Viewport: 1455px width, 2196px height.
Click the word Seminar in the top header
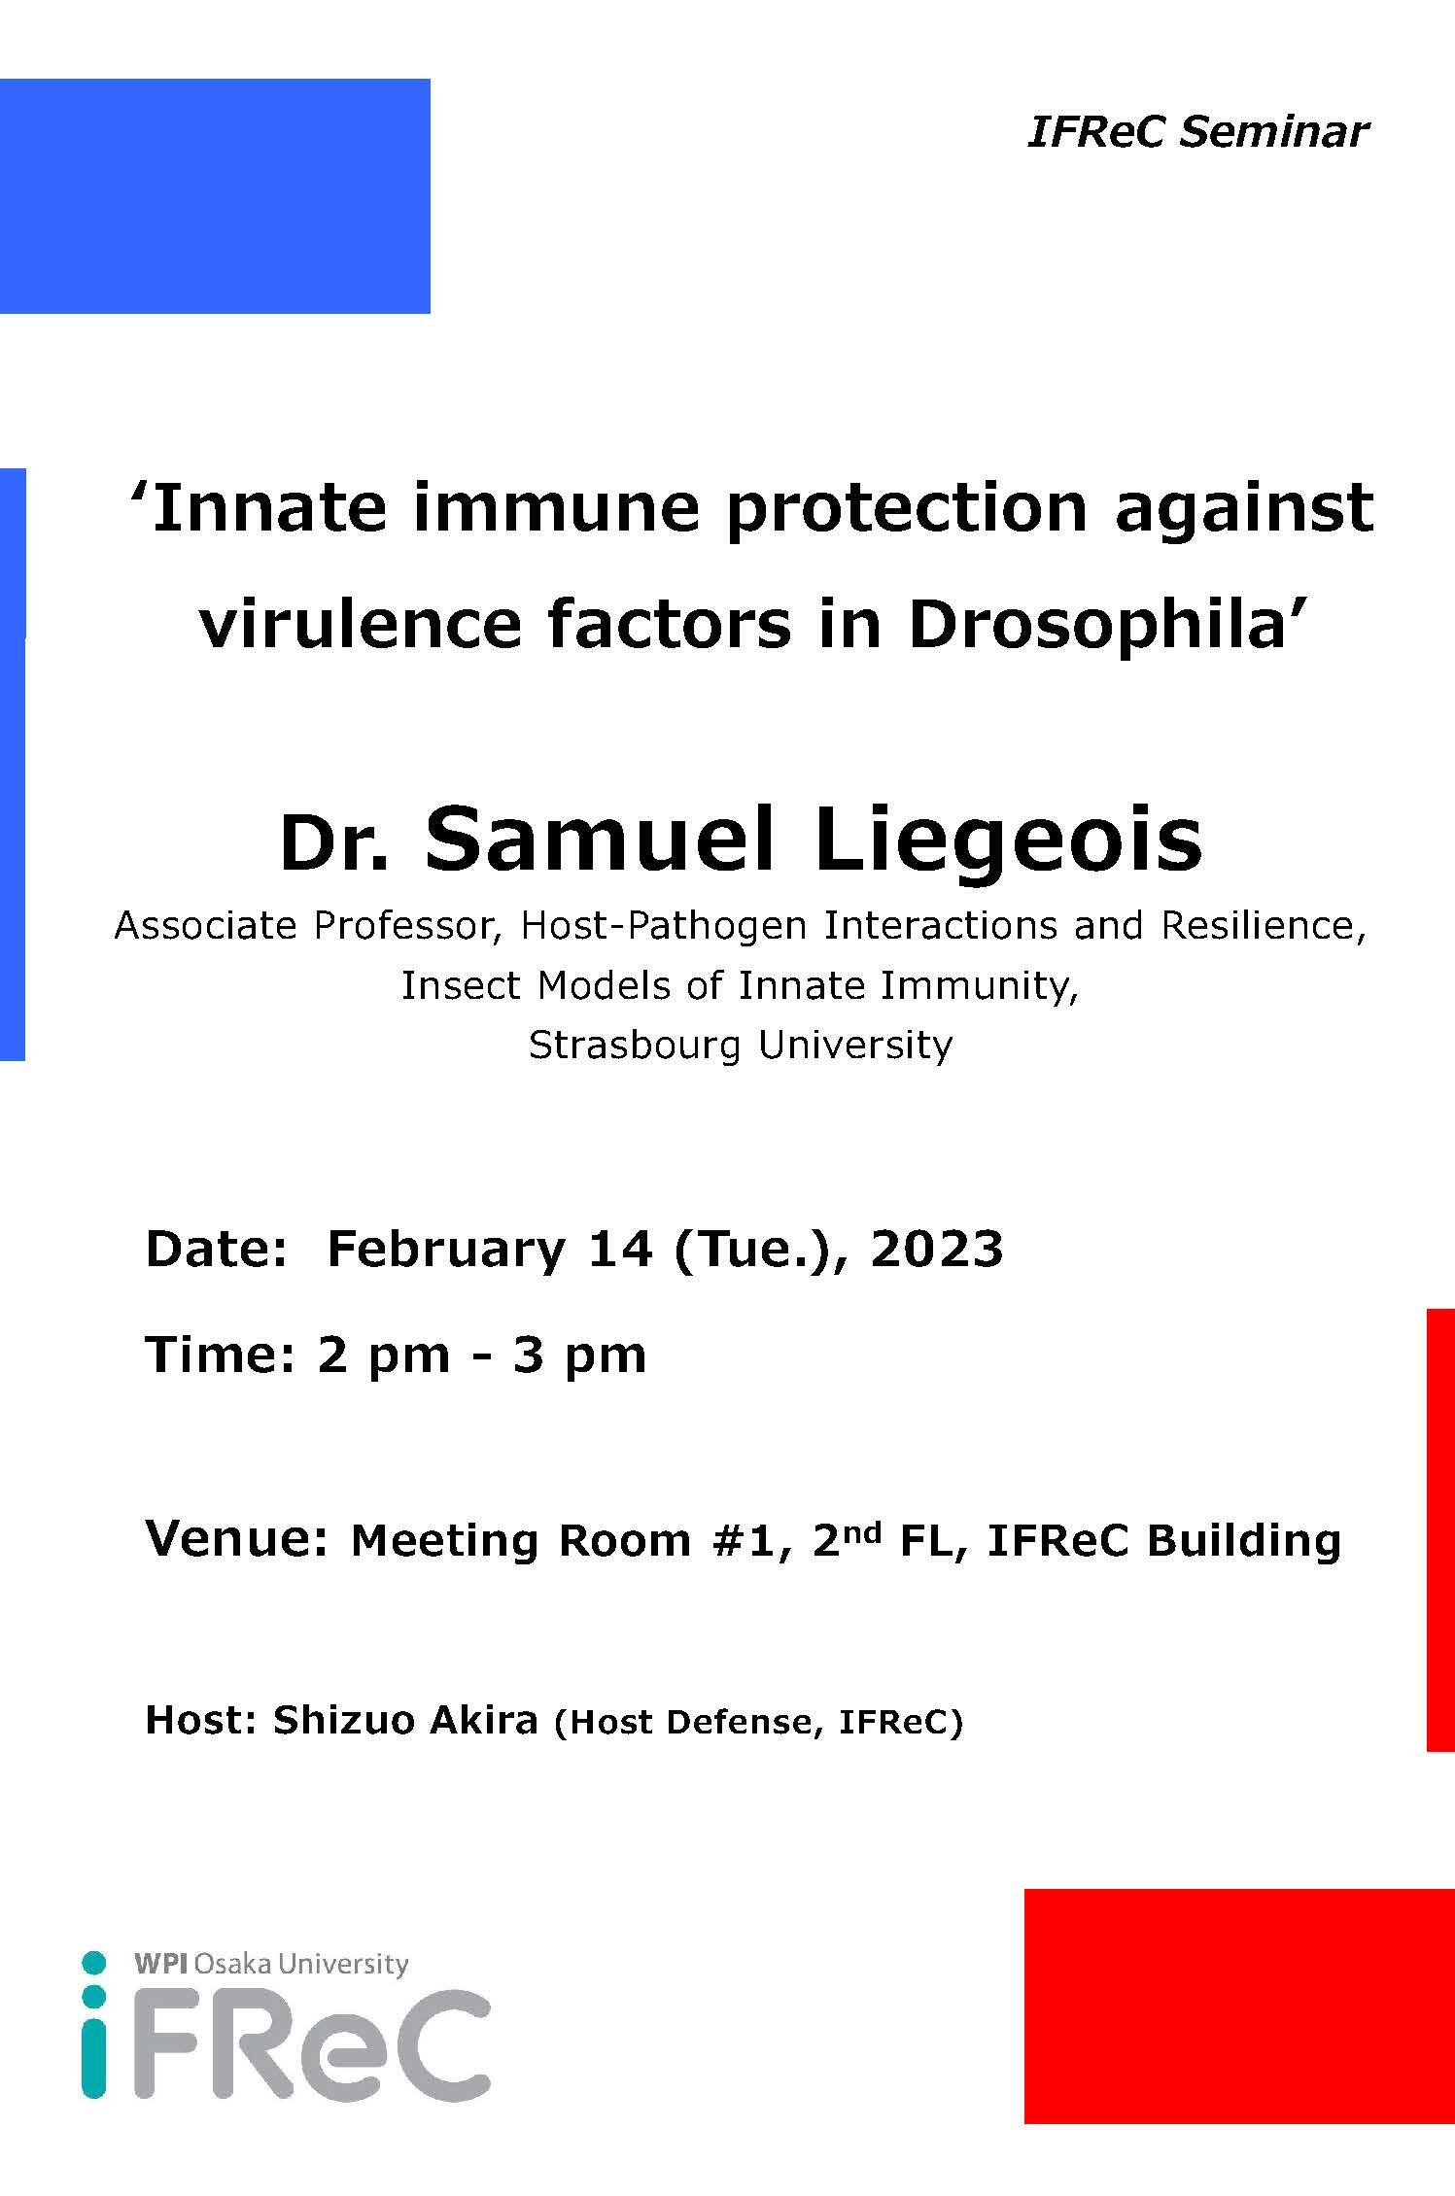pos(1273,131)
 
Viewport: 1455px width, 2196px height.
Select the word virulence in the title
pos(362,625)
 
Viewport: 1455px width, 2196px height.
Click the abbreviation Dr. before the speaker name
pos(334,845)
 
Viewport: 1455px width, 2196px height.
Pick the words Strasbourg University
pos(741,1045)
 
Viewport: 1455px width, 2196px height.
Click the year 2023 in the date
pos(936,1249)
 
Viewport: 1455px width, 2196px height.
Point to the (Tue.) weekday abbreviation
pos(746,1250)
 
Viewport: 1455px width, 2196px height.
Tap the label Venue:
pos(236,1539)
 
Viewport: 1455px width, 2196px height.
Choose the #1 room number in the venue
pos(747,1541)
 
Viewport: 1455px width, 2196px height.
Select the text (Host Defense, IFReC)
pos(758,1723)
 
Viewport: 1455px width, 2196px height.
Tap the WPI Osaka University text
pos(271,1964)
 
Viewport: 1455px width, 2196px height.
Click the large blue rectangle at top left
pos(215,196)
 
